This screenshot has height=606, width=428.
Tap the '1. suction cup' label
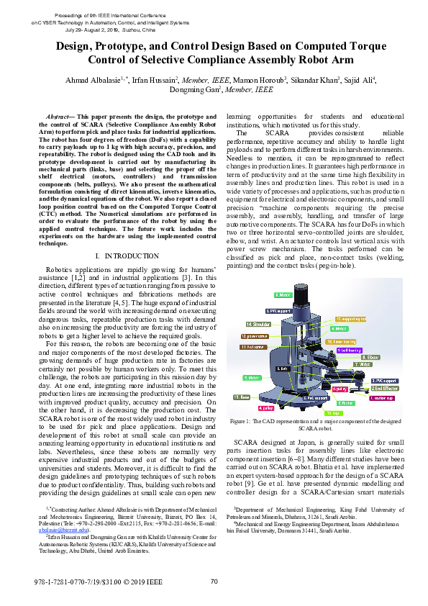381,397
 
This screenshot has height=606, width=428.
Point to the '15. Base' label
241,397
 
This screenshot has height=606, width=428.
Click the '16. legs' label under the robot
334,413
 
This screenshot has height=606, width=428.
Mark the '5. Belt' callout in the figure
283,388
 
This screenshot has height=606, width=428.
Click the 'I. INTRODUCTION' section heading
127,255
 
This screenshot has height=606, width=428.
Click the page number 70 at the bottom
214,582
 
